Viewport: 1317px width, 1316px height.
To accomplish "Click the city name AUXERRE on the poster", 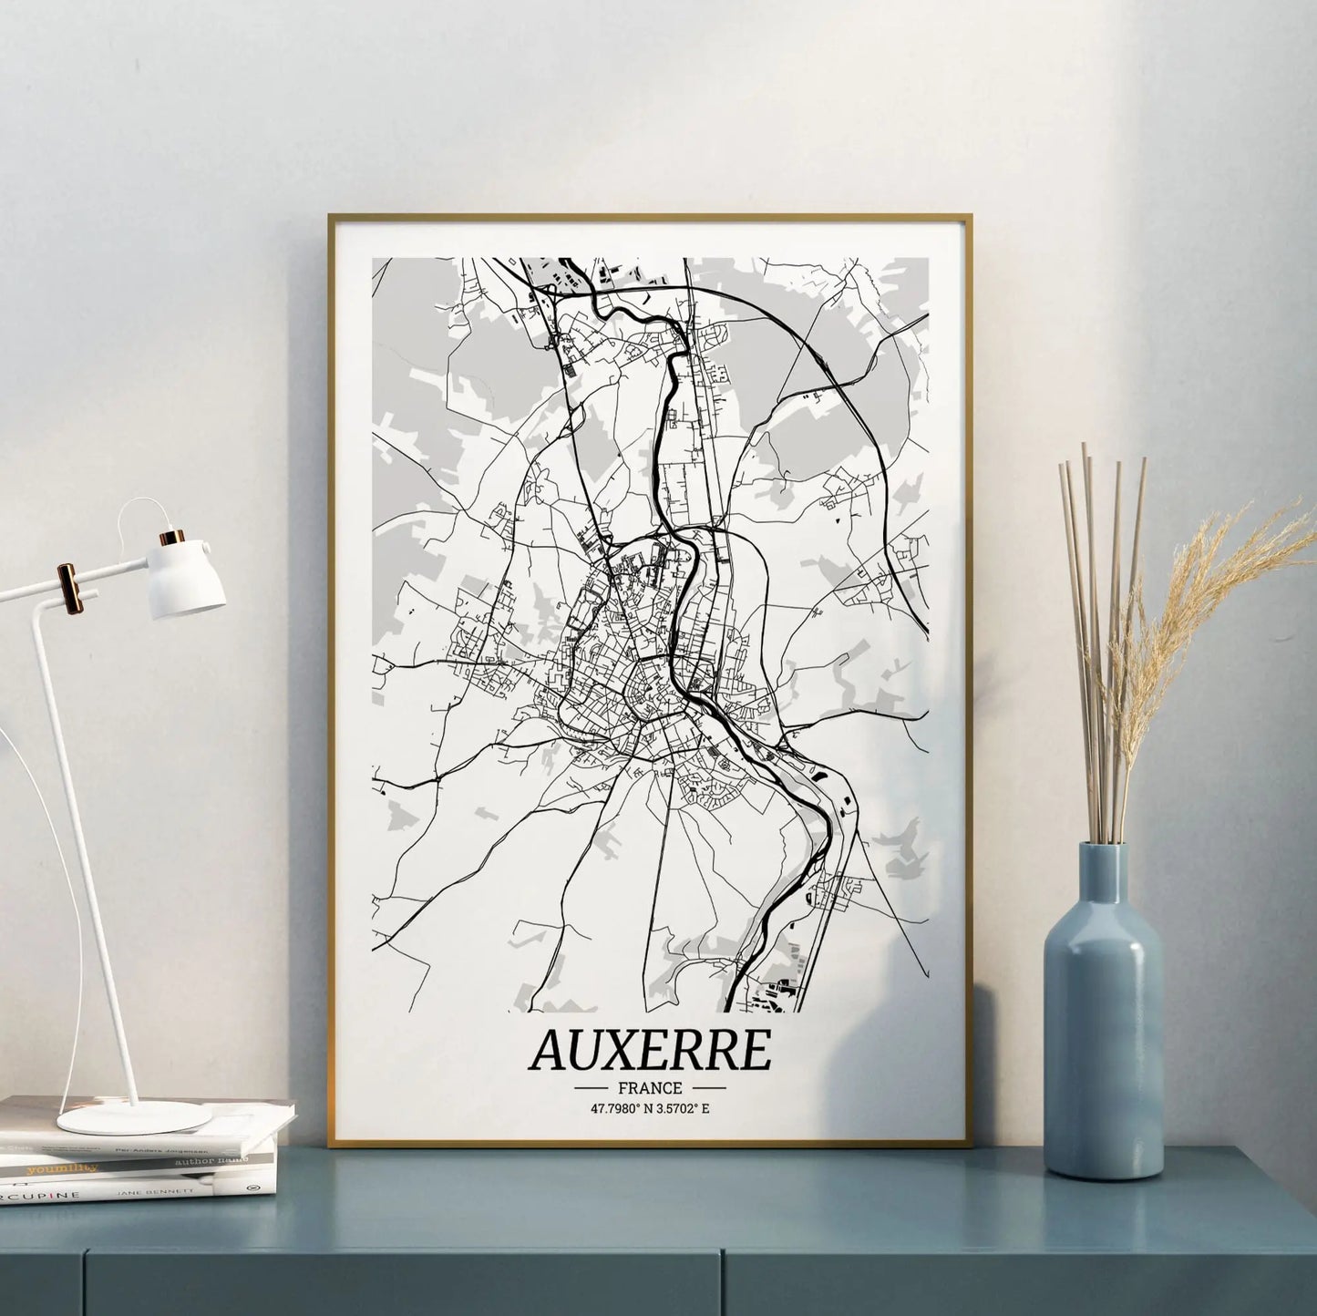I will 649,1051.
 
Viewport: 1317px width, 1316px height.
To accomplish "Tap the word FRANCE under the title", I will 650,1087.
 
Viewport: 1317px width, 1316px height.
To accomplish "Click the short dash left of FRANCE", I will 591,1087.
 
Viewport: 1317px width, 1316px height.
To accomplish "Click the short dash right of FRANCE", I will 709,1087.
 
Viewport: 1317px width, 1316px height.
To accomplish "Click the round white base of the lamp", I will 134,1116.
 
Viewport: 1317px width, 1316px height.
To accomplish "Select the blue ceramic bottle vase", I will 1103,1057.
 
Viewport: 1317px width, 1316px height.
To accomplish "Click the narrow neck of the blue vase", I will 1103,875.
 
